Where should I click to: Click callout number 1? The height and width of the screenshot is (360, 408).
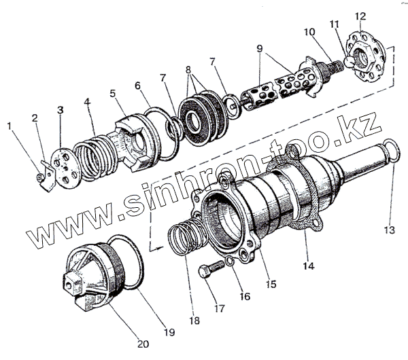[x=10, y=126]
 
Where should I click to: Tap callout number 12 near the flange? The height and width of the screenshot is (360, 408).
[x=360, y=16]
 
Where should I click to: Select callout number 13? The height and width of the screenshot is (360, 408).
[x=388, y=230]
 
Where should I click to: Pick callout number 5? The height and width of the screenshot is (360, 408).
[x=112, y=94]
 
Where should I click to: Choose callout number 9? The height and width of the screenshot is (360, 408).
[x=260, y=48]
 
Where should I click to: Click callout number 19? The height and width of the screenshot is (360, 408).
[x=169, y=332]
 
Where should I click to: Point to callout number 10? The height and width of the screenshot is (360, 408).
[x=310, y=32]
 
